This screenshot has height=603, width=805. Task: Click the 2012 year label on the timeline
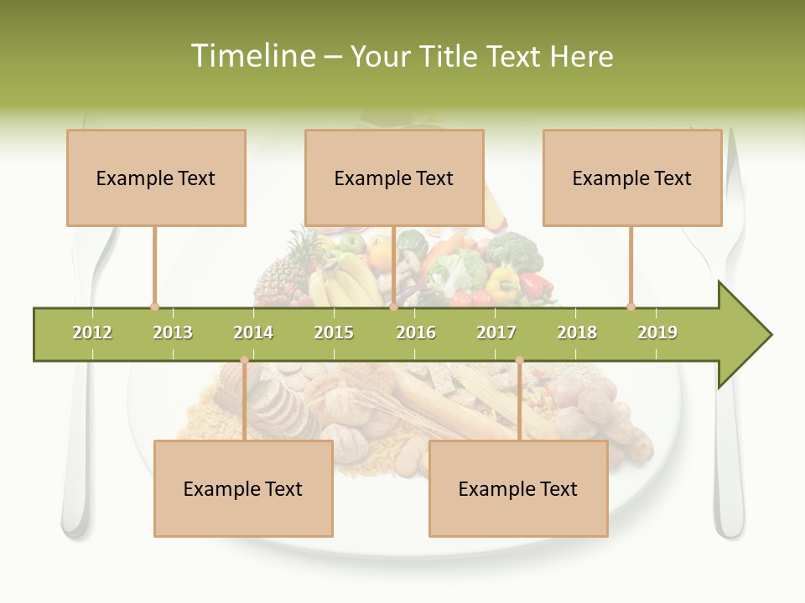coord(92,332)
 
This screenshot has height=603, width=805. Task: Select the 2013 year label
coord(173,332)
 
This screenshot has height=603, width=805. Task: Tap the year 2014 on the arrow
coord(253,332)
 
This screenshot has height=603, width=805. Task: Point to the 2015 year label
coord(334,332)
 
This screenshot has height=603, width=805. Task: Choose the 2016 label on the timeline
coord(416,332)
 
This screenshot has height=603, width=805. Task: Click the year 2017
coord(496,332)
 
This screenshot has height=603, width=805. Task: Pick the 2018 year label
coord(577,332)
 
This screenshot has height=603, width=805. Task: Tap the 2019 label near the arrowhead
coord(657,332)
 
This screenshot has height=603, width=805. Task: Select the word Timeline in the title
coord(252,56)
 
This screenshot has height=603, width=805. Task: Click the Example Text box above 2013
coord(156,178)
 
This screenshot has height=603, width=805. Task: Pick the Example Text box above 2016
coord(394,178)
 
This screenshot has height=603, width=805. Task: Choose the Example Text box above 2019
coord(632,178)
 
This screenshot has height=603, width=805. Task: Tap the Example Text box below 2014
coord(243,488)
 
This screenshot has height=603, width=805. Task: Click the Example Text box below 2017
coord(518,488)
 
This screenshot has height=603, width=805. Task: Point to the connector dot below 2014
coord(244,360)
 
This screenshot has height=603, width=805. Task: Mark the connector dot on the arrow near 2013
coord(154,307)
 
